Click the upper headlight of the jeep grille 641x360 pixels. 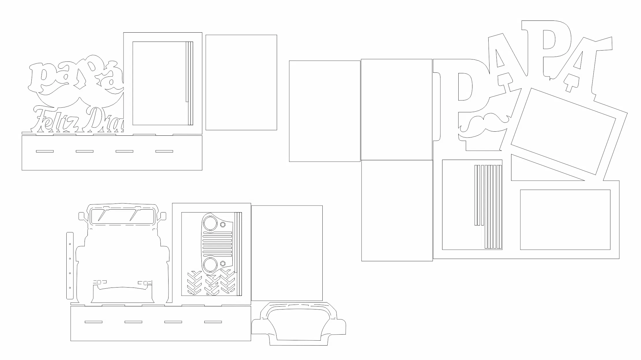210,222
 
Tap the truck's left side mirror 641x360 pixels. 82,216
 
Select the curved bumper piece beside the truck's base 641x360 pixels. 299,323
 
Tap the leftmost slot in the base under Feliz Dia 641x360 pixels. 45,151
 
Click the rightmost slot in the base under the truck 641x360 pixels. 213,322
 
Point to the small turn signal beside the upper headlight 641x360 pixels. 223,225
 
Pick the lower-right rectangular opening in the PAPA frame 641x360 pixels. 565,220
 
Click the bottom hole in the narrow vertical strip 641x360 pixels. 70,288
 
